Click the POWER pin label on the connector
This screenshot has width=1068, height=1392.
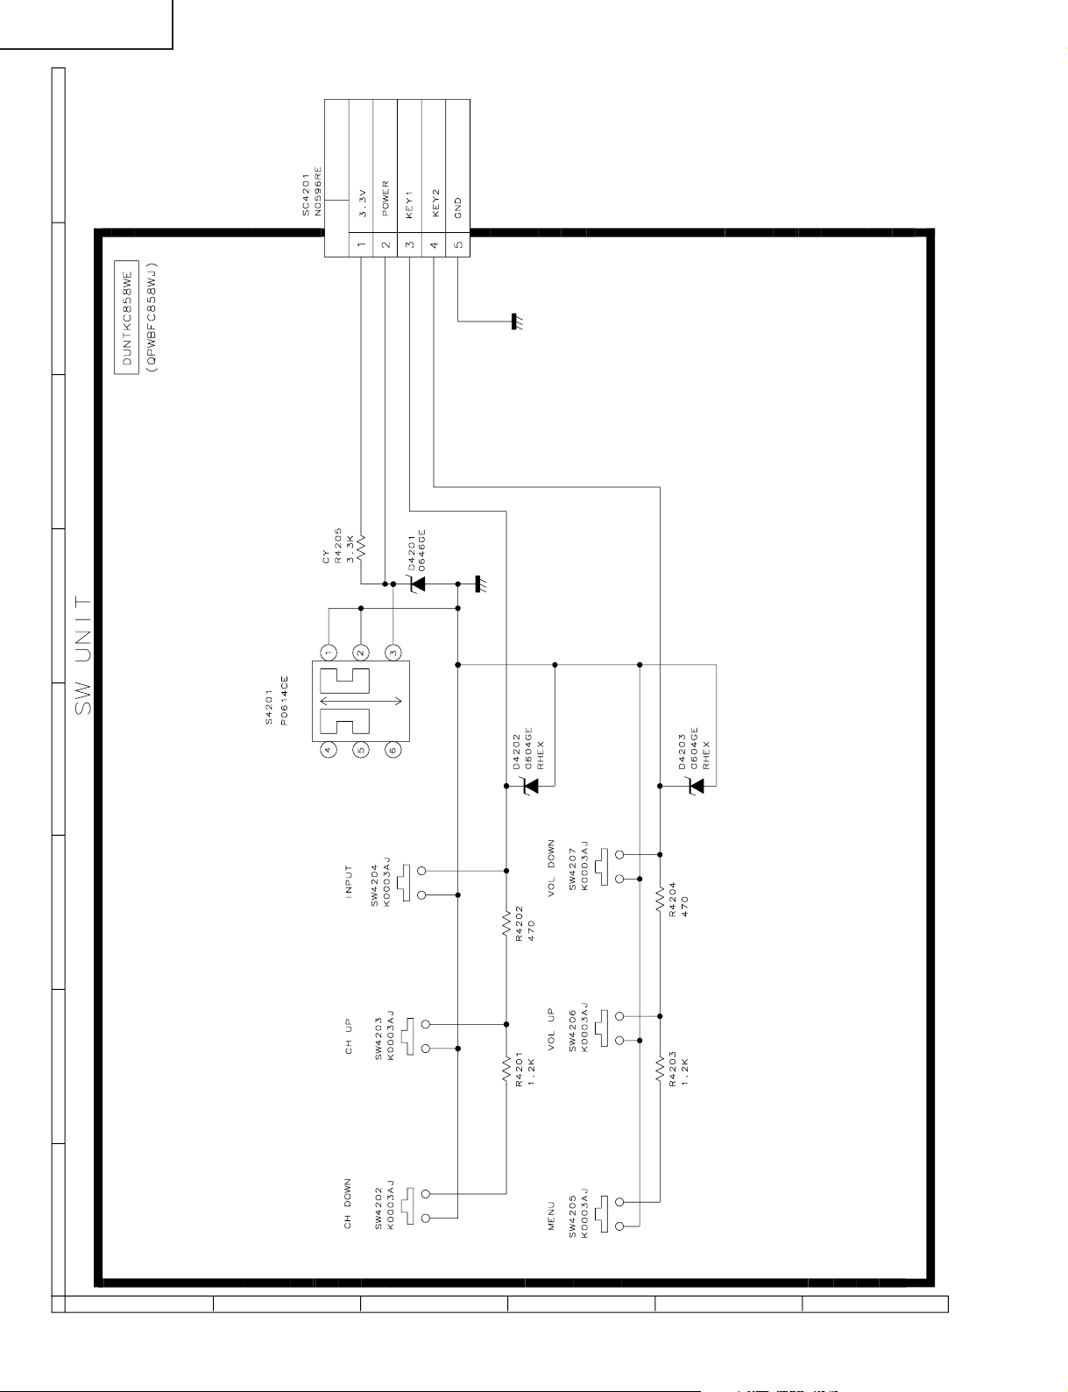(x=385, y=199)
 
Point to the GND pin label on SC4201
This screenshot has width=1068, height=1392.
(x=458, y=208)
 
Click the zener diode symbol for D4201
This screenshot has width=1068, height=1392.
(x=418, y=583)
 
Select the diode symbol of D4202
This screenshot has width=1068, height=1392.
(x=530, y=786)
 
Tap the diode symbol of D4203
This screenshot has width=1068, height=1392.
(x=696, y=786)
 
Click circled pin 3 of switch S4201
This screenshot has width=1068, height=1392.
(x=393, y=653)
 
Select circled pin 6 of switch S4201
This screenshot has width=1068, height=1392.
(x=393, y=749)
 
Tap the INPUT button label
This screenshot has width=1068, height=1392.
(x=348, y=880)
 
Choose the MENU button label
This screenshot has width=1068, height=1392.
(x=551, y=1215)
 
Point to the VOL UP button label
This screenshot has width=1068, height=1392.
(x=551, y=1028)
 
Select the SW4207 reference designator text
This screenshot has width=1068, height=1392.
(x=573, y=867)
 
